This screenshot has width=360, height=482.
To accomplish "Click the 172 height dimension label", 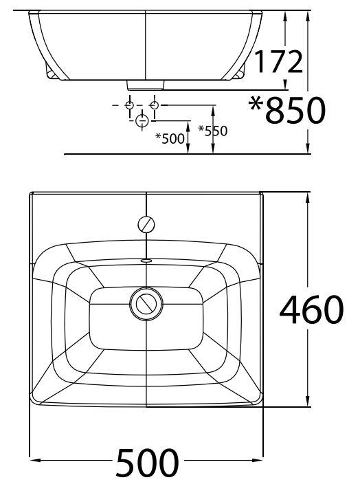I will (x=278, y=61).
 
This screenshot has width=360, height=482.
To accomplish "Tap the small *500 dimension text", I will (x=170, y=138).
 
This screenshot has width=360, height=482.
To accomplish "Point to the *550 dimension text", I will (x=212, y=129).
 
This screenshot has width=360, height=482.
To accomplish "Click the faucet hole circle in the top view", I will (x=147, y=224).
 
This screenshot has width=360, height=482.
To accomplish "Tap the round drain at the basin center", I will (x=146, y=303).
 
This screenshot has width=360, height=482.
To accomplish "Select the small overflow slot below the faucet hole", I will (x=146, y=261).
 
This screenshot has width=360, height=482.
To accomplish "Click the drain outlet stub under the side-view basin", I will (x=146, y=85).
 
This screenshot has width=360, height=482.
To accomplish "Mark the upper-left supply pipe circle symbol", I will (x=129, y=105).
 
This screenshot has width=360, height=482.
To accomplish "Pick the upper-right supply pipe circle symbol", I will (x=154, y=105).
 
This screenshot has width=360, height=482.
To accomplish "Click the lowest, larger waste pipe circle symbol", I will (x=142, y=122).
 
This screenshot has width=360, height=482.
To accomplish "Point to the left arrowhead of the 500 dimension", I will (x=34, y=457).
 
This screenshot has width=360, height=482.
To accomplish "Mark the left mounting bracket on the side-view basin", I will (x=50, y=72).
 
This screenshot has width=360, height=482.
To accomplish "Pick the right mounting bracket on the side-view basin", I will (x=243, y=72).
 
